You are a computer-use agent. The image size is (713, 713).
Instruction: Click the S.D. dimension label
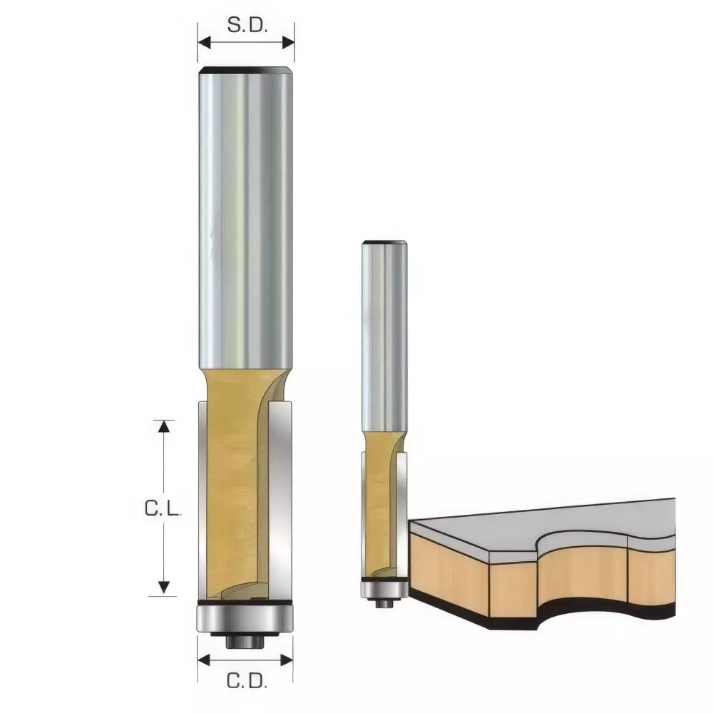tap(246, 26)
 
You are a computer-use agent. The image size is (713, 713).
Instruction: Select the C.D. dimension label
tap(246, 682)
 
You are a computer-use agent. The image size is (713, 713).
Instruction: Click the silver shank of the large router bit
tap(247, 214)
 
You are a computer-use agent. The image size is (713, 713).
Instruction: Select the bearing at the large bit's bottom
tap(246, 617)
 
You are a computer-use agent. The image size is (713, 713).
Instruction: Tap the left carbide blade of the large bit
tap(203, 499)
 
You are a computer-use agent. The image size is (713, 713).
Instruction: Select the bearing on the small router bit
tap(384, 589)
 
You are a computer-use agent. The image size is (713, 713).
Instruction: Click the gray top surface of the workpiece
tap(542, 524)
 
